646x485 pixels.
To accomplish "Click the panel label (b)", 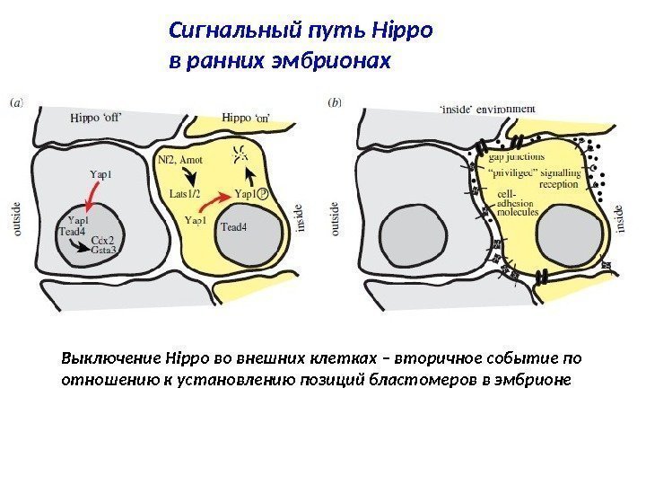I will [335, 102].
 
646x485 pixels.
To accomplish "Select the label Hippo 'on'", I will [250, 118].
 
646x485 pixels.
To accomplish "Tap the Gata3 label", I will [109, 251].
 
